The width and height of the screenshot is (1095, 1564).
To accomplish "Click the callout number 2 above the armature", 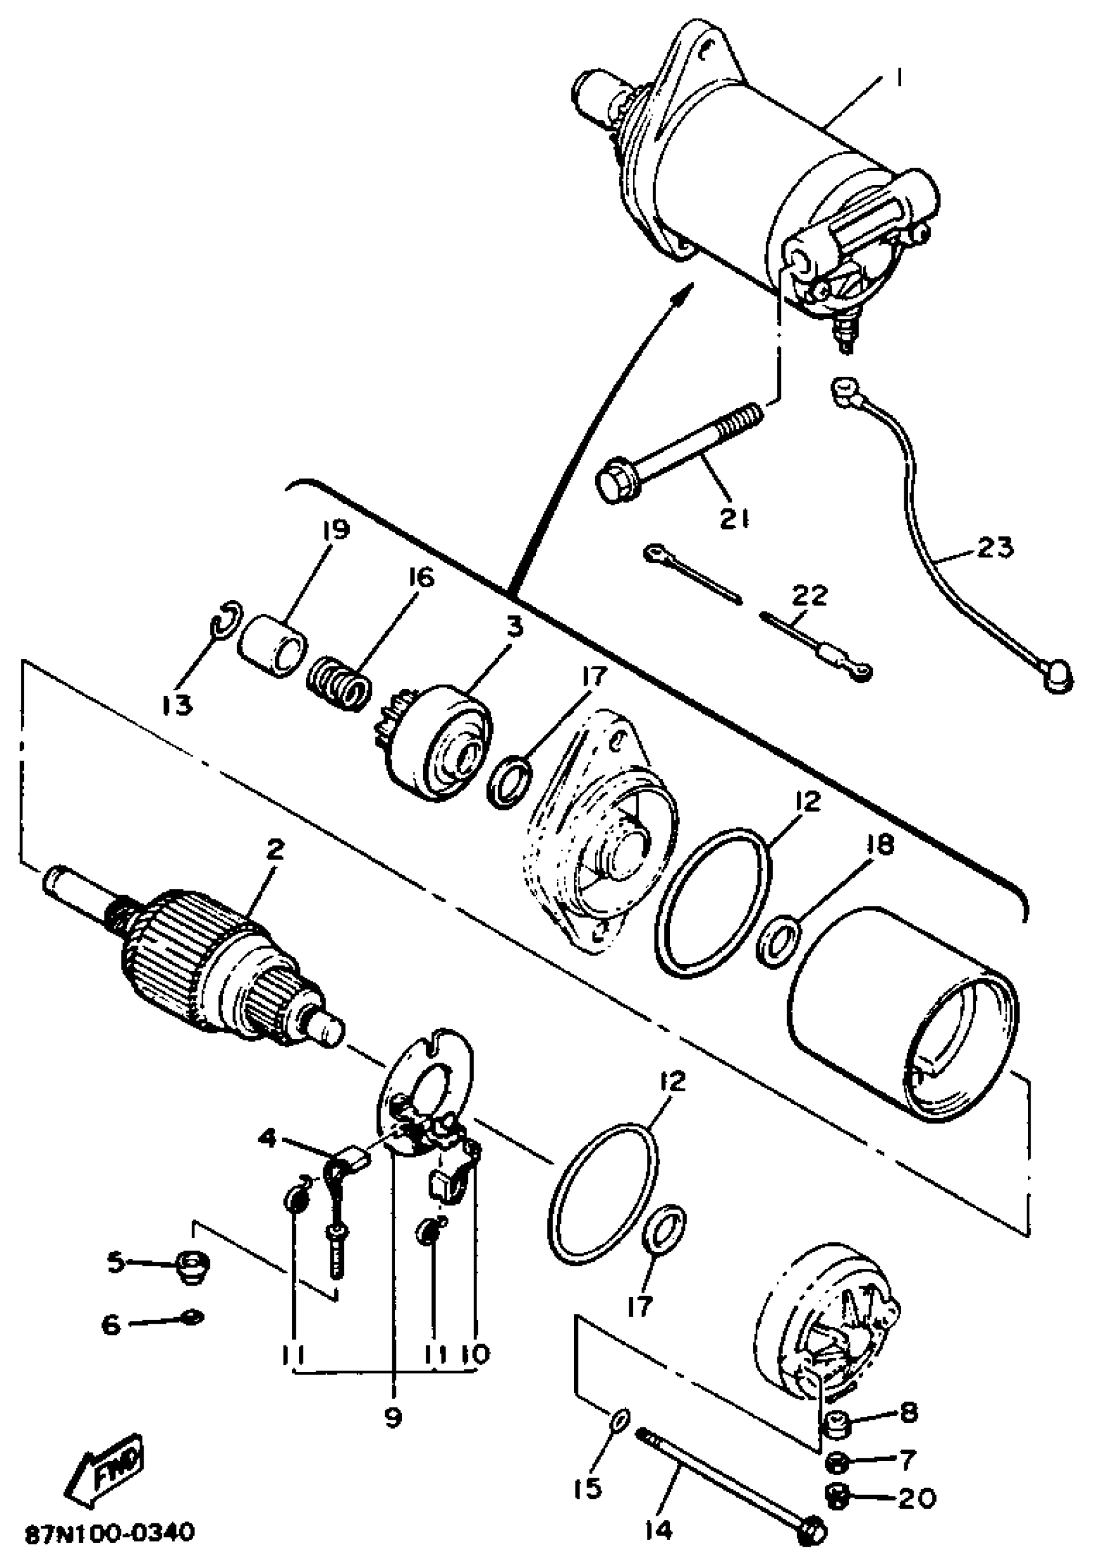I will coord(274,851).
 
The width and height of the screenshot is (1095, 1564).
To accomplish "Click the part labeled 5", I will coord(193,1266).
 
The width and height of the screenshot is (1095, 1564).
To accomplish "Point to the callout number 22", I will coord(809,596).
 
